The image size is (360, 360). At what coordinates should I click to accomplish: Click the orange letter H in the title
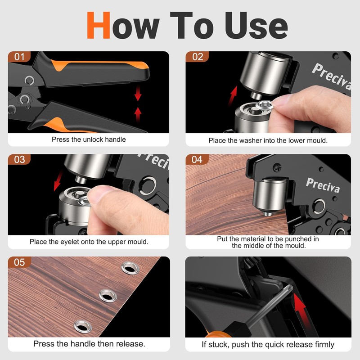tap(98, 25)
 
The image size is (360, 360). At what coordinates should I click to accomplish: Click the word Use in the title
tap(256, 25)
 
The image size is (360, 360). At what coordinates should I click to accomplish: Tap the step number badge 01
tap(19, 57)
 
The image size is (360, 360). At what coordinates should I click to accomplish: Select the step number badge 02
tap(198, 57)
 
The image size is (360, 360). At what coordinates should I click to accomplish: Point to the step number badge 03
tap(19, 159)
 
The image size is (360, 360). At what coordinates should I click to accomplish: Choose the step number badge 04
tap(198, 159)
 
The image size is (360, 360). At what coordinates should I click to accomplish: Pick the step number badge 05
tap(19, 262)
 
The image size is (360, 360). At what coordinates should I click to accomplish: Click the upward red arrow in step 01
tap(138, 114)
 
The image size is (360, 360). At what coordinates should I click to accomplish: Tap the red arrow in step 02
tap(233, 95)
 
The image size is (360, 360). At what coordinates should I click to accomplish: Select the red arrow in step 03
tap(58, 181)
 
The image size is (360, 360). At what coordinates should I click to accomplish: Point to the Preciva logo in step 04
tap(323, 185)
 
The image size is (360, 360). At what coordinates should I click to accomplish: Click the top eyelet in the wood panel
tap(130, 268)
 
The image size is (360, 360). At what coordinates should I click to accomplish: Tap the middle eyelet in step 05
tap(108, 296)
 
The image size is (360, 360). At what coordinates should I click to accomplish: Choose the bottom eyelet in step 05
tap(83, 326)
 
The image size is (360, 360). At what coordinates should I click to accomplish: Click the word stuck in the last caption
tap(220, 344)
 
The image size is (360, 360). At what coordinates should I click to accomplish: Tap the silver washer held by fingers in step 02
tap(265, 105)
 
